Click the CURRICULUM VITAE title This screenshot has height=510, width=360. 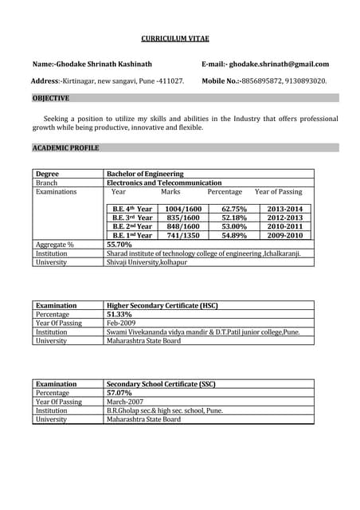179,38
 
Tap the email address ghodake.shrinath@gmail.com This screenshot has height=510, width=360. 278,64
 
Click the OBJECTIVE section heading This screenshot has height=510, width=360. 51,98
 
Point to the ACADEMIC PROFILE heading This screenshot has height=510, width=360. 65,147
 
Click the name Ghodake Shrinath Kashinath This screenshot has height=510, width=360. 103,64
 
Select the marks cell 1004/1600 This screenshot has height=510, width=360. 183,209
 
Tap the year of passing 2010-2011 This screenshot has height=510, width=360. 285,226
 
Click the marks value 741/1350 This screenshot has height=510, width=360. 183,236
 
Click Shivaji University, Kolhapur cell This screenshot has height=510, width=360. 147,262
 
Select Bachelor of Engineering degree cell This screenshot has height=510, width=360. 145,174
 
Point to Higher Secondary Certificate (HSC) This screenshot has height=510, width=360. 162,305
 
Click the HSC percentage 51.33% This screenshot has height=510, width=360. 120,315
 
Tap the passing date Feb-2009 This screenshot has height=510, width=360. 123,324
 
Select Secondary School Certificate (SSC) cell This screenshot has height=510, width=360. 161,384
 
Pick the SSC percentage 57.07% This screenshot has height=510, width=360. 120,393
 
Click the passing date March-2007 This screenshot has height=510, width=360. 126,402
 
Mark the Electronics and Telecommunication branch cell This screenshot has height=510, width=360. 164,182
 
